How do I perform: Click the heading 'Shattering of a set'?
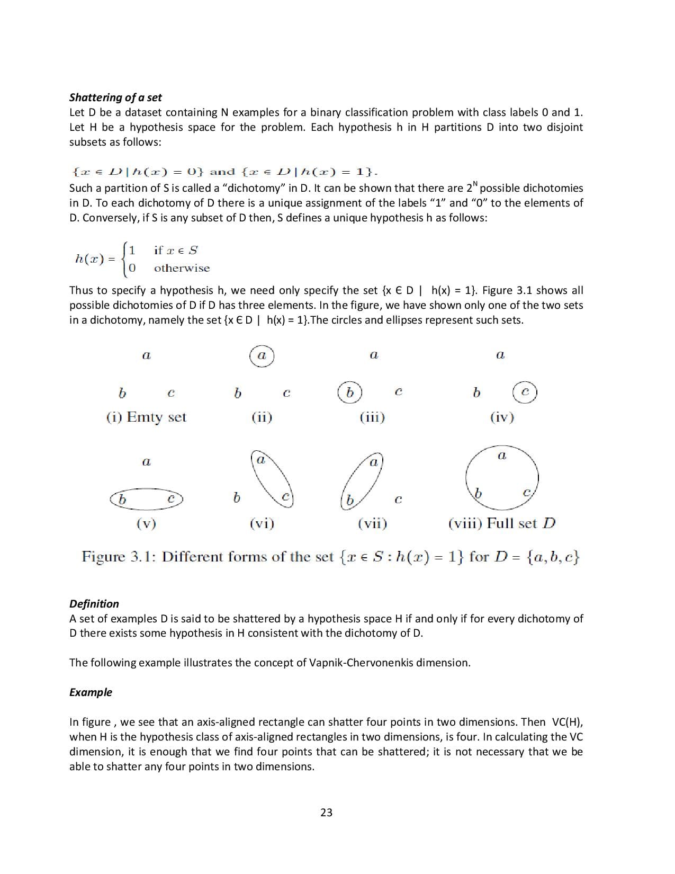(x=115, y=97)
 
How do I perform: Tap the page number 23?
(x=326, y=813)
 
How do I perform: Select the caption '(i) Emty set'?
(x=146, y=417)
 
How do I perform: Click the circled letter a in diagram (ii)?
(x=262, y=355)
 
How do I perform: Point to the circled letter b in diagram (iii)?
(x=349, y=393)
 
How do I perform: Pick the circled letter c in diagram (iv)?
(x=525, y=393)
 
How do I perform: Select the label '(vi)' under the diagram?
(x=262, y=524)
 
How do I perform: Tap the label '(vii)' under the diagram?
(x=372, y=524)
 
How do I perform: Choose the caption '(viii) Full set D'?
(x=501, y=523)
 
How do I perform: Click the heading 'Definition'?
(x=94, y=604)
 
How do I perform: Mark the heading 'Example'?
(x=91, y=692)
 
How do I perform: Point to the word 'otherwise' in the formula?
(x=182, y=268)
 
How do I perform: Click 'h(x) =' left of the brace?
(x=95, y=259)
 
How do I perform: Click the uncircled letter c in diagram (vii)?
(x=399, y=499)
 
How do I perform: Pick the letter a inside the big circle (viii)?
(x=501, y=456)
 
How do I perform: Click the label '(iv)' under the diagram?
(x=502, y=417)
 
